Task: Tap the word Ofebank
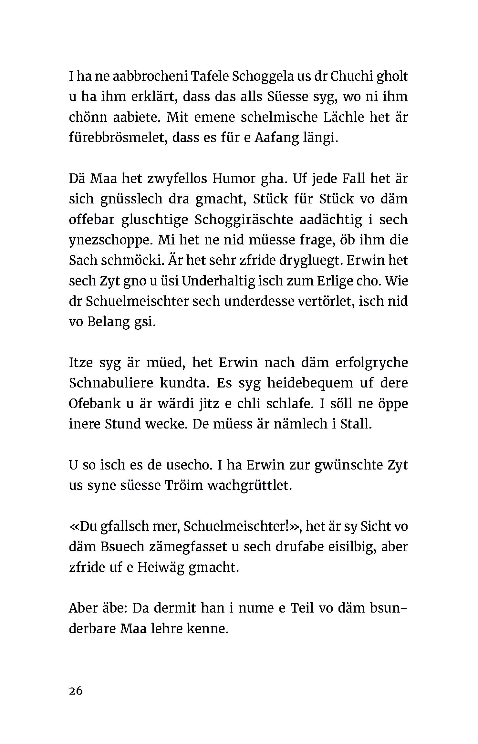coord(94,404)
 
